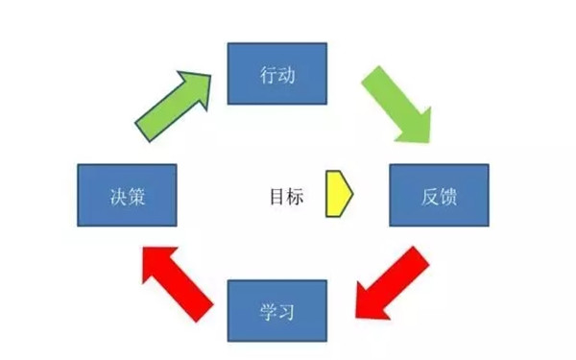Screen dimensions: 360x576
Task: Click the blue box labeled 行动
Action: tap(276, 72)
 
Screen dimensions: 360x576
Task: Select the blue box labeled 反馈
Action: tap(439, 195)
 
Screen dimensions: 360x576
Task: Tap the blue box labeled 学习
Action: tap(276, 312)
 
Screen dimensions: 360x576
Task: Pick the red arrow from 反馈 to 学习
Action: tap(389, 283)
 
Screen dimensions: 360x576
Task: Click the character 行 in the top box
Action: tap(268, 73)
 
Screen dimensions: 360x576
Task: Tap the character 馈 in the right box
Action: tap(447, 196)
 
